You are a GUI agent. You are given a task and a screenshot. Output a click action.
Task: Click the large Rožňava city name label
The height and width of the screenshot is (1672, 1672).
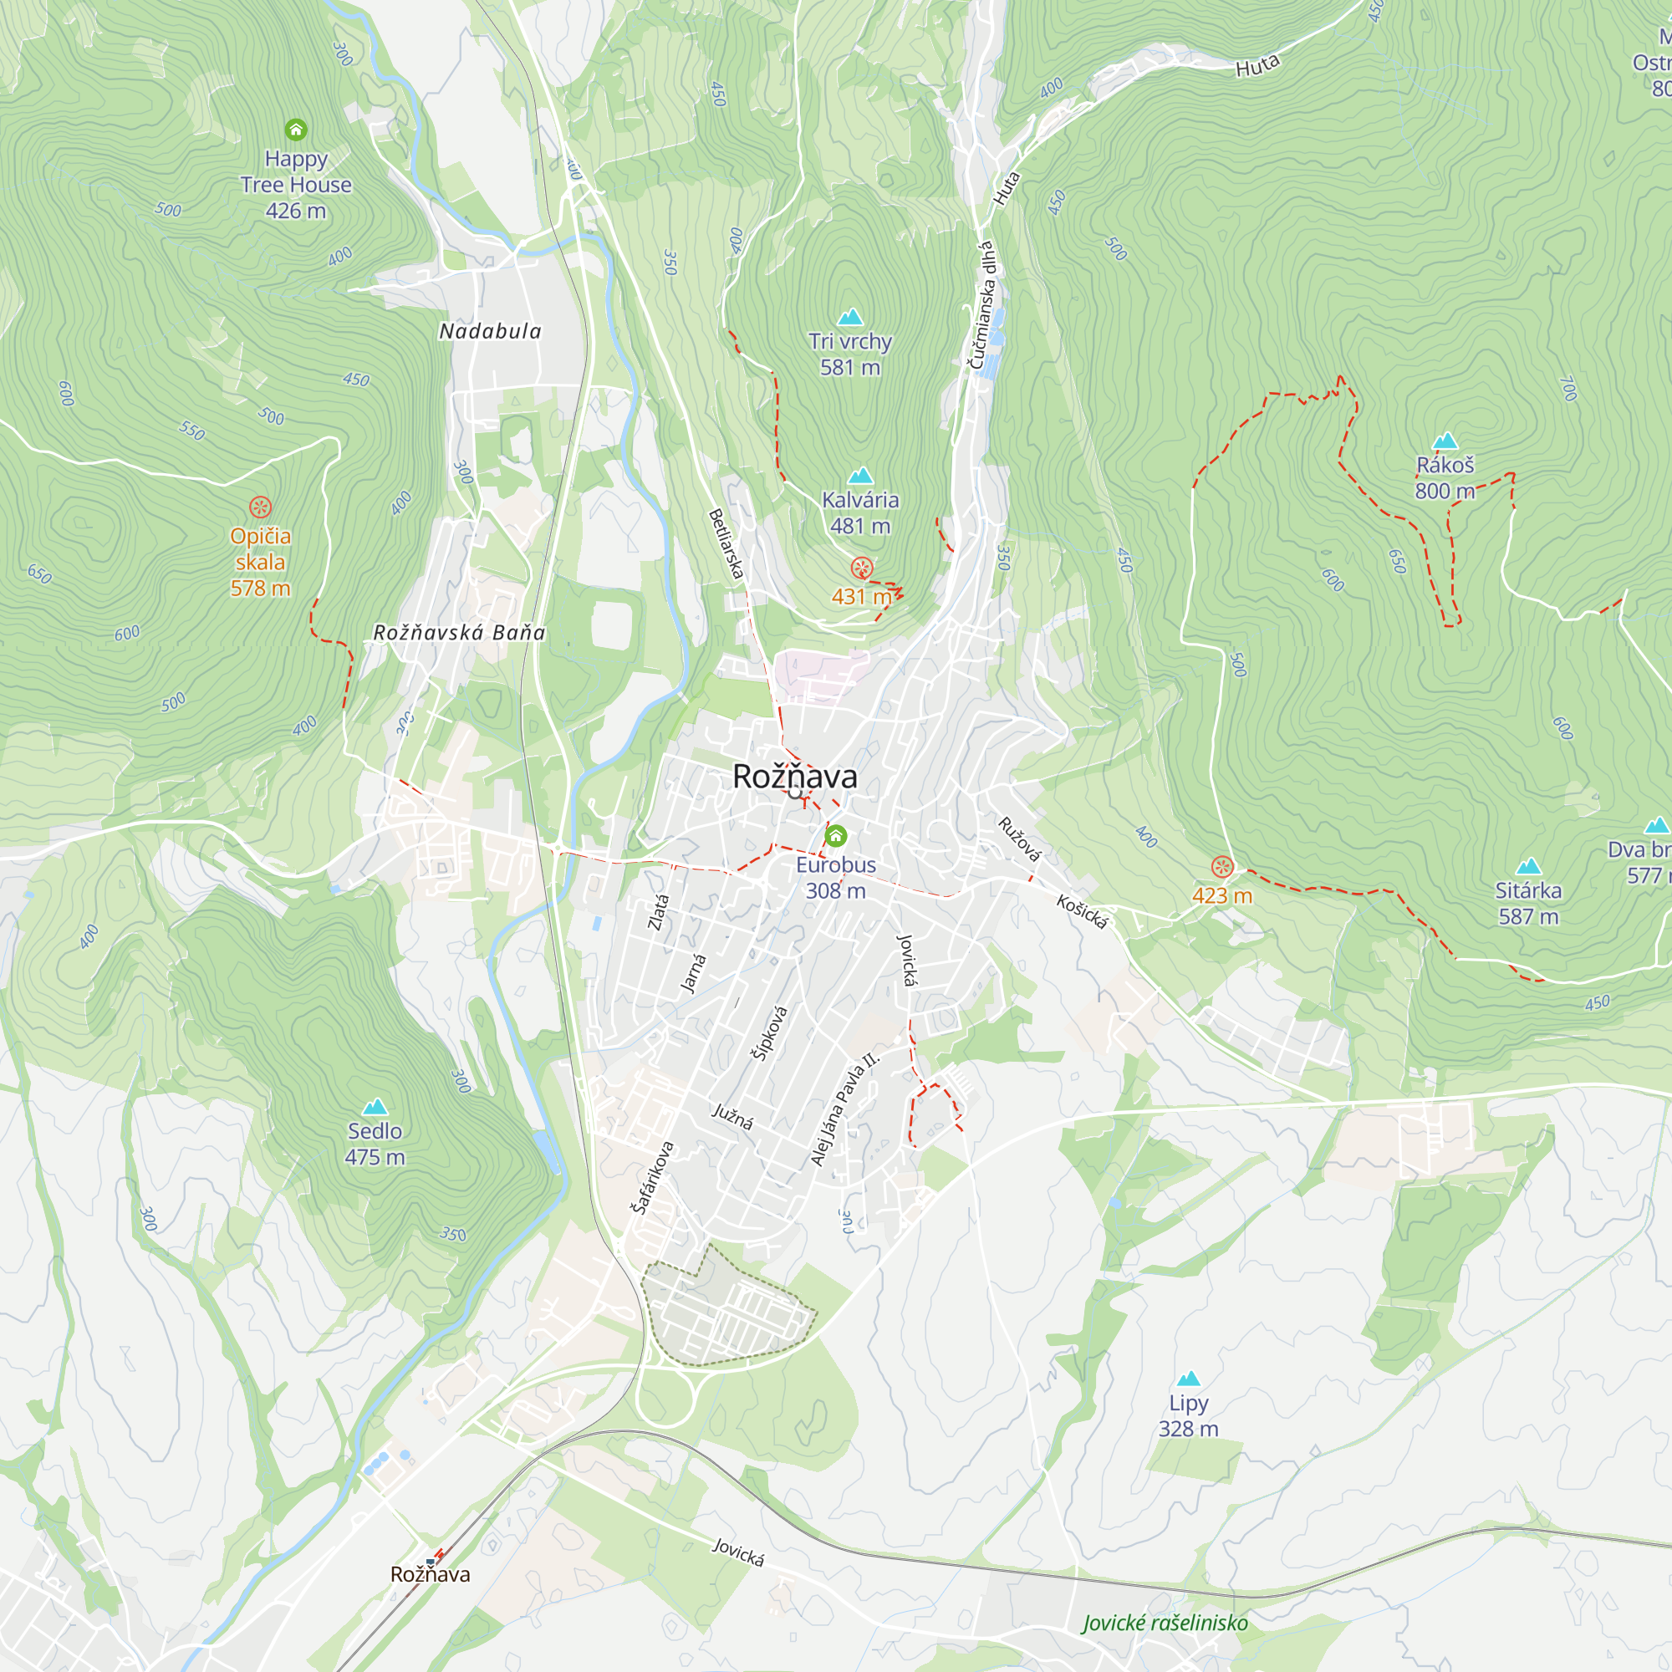pos(794,777)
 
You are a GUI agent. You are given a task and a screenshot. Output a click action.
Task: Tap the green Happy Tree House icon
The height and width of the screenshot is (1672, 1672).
pos(296,130)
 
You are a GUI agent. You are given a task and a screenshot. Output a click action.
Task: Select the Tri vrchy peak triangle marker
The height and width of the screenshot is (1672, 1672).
pos(851,317)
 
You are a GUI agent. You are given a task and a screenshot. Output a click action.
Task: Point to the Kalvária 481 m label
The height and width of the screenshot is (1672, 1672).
pos(859,512)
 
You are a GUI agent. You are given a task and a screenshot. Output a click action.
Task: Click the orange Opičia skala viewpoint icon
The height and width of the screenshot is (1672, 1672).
pos(261,507)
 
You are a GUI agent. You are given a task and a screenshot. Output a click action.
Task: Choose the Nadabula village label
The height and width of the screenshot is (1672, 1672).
pos(490,331)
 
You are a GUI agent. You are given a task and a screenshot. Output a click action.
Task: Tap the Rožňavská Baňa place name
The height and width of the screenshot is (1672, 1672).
pos(459,633)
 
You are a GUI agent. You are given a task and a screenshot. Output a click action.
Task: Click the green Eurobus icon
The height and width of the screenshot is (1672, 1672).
pos(835,836)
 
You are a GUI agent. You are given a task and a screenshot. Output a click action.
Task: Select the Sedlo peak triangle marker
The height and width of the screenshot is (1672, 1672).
pos(375,1106)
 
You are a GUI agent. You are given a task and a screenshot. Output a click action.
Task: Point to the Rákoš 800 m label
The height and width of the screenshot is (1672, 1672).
pos(1445,477)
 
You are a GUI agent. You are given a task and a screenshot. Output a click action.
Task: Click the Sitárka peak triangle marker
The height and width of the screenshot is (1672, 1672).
pos(1528,866)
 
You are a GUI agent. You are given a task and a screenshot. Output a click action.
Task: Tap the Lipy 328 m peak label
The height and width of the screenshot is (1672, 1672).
pos(1188,1415)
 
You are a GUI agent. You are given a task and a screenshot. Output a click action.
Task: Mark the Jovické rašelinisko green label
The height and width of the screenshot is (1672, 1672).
pos(1165,1623)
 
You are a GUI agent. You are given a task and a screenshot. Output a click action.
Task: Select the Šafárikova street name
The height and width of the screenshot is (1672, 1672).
pos(653,1177)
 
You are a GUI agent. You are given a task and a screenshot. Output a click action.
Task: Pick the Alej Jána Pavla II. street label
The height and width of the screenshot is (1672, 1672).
pos(844,1109)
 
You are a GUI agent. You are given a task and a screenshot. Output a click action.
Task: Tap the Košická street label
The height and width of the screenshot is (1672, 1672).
pos(1082,912)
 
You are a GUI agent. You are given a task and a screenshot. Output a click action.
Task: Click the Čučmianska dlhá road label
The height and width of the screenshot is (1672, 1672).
pos(982,305)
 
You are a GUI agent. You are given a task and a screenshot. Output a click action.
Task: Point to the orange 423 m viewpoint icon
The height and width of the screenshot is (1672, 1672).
pos(1222,866)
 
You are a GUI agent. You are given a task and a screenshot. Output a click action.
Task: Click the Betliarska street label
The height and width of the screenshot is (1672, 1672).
pos(726,543)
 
